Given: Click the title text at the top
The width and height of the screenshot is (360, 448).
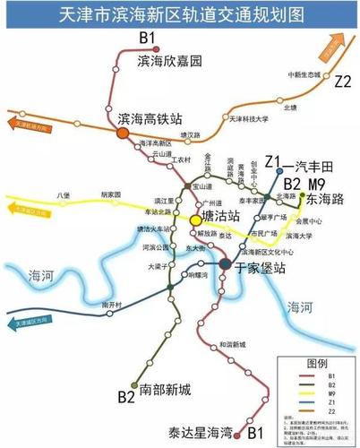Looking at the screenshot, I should (x=179, y=15).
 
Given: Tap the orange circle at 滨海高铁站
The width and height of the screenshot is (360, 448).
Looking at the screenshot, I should (x=122, y=133).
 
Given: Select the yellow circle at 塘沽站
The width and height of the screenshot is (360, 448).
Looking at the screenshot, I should (x=193, y=219).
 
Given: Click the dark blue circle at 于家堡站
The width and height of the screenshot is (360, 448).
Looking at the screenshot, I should (x=225, y=264).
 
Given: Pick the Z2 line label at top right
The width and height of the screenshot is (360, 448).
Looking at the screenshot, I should (x=343, y=81).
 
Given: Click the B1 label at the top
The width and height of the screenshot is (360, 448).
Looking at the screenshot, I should (x=148, y=38).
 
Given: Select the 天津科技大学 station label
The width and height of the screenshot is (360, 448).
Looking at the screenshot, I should (x=248, y=117).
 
